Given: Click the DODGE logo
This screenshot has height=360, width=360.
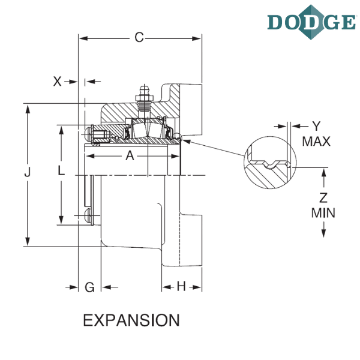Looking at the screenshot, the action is pyautogui.click(x=311, y=22).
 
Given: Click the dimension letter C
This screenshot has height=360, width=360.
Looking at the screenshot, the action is pyautogui.click(x=139, y=37).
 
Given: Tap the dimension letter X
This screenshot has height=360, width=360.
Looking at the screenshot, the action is pyautogui.click(x=57, y=82).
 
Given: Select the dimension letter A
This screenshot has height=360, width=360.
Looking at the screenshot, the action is pyautogui.click(x=130, y=156).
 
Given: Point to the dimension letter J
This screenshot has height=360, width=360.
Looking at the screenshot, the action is pyautogui.click(x=28, y=172).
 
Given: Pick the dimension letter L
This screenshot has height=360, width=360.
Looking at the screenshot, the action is pyautogui.click(x=61, y=170).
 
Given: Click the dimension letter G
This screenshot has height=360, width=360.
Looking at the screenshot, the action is pyautogui.click(x=89, y=287).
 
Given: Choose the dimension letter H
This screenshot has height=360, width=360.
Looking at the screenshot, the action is pyautogui.click(x=181, y=286).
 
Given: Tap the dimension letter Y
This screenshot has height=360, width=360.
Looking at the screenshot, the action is pyautogui.click(x=316, y=126).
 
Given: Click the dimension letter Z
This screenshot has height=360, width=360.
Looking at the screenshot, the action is pyautogui.click(x=323, y=197).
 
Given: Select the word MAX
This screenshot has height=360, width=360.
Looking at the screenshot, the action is pyautogui.click(x=316, y=142).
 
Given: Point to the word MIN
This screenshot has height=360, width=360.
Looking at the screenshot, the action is pyautogui.click(x=323, y=213).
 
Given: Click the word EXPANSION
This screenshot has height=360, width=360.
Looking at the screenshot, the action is pyautogui.click(x=131, y=320).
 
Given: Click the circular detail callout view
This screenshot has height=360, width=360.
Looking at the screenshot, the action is pyautogui.click(x=270, y=163).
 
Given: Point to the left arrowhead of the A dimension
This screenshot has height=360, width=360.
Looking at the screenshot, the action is pyautogui.click(x=90, y=156).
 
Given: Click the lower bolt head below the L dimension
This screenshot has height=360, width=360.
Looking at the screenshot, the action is pyautogui.click(x=89, y=216).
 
